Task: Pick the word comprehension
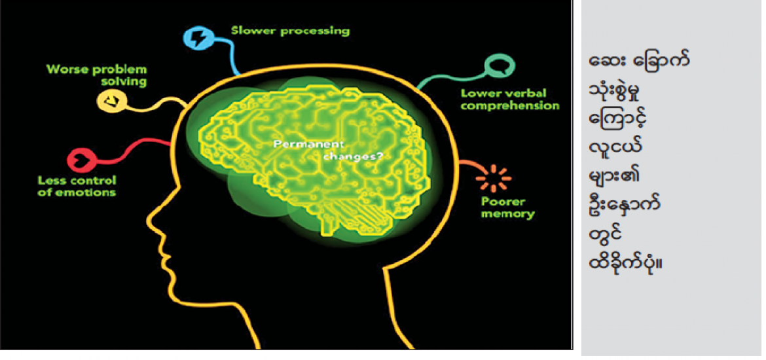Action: point(510,105)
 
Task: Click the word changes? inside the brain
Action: point(353,156)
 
